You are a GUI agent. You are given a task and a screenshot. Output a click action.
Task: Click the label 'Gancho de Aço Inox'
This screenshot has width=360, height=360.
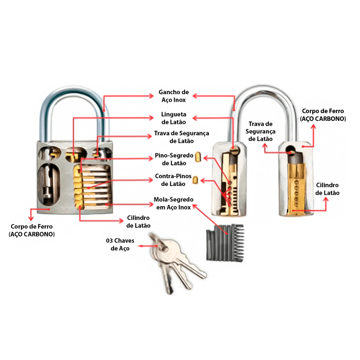click(174, 96)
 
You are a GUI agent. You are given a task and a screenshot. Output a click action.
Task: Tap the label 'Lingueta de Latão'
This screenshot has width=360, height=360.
click(174, 118)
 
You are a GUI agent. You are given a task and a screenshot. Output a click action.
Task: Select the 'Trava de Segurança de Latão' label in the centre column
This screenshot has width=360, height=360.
click(182, 137)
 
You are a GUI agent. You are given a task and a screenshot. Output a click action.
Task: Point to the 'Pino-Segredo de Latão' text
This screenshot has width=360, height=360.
click(174, 159)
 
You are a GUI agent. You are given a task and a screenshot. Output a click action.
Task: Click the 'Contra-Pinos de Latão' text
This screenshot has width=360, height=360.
click(173, 180)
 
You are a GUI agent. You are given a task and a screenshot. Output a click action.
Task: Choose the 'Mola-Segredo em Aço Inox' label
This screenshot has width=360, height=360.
click(174, 203)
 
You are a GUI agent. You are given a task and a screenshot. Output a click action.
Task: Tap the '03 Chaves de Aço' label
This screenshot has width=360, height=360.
click(120, 244)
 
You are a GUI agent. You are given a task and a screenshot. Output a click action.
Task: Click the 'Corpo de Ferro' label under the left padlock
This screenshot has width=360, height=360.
click(32, 230)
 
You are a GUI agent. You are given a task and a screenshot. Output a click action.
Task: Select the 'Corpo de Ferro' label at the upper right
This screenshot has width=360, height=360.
click(323, 115)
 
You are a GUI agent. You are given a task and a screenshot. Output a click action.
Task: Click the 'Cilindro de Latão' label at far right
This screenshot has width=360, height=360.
click(327, 189)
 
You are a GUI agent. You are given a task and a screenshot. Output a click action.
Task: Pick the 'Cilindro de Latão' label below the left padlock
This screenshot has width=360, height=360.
click(138, 221)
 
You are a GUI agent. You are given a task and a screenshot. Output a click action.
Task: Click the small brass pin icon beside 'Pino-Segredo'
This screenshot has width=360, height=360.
click(198, 157)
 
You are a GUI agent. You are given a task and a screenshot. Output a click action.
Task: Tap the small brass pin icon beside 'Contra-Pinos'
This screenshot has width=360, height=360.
click(195, 180)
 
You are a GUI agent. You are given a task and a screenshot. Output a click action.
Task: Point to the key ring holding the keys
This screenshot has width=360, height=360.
click(159, 241)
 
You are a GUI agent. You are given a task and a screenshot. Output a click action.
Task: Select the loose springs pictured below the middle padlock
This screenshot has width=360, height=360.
click(225, 243)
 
